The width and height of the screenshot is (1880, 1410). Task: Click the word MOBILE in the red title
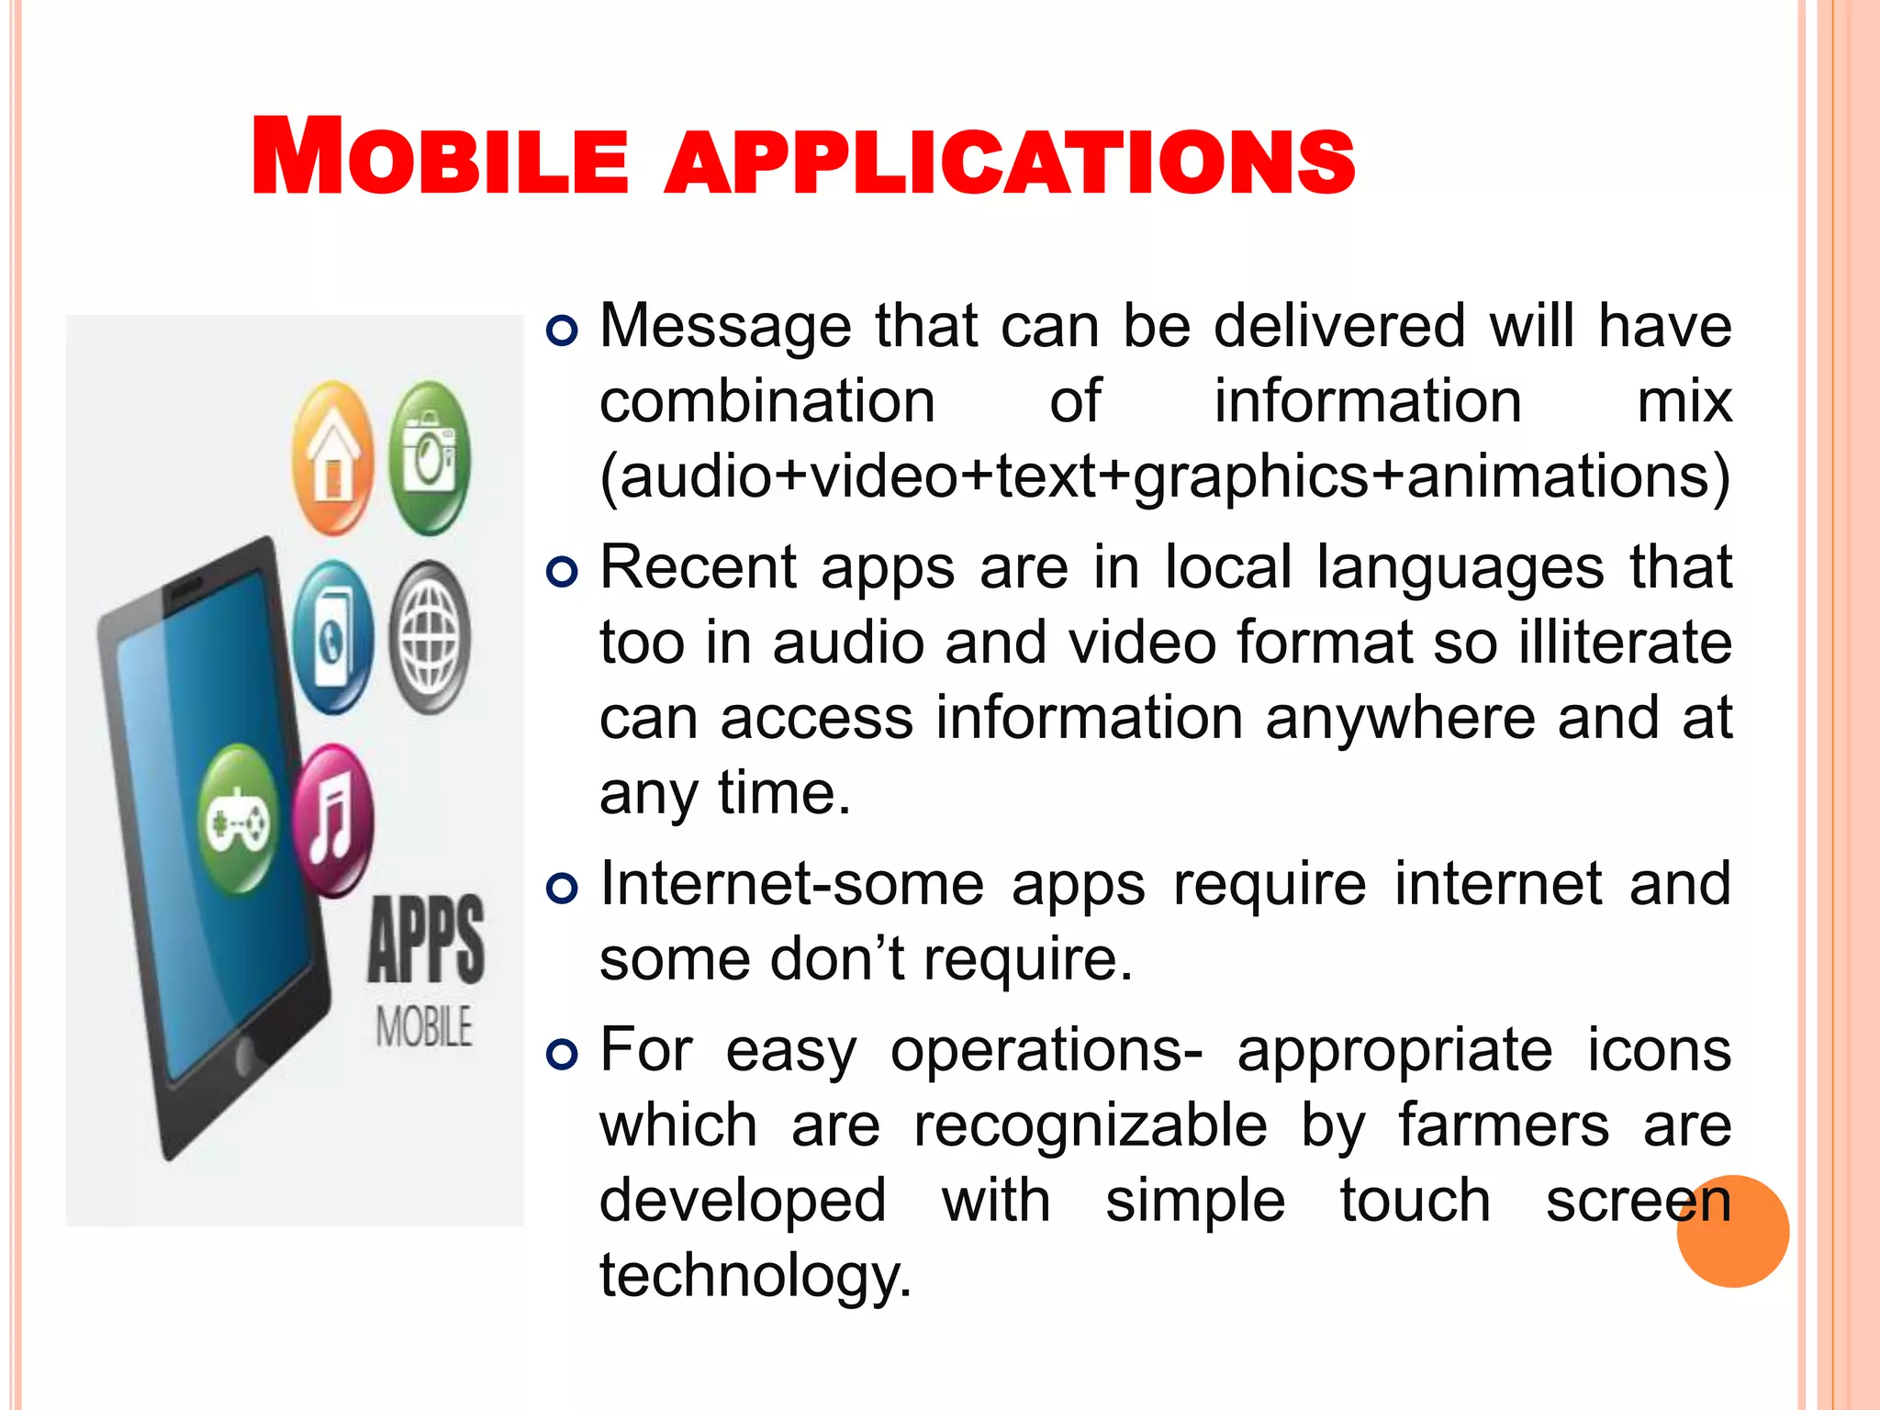coord(441,158)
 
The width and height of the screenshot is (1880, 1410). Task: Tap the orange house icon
coord(333,458)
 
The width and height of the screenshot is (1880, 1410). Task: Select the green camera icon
coord(429,458)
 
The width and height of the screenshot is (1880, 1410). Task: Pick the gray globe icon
coord(429,637)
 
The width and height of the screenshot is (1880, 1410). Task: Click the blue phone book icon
coord(333,637)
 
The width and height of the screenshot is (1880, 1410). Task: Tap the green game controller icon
coord(239,820)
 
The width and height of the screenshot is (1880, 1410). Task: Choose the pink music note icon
coord(333,820)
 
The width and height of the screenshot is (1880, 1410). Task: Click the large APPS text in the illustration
coord(426,940)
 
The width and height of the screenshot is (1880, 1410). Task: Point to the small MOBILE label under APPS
coord(424,1026)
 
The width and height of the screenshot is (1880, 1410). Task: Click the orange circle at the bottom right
coord(1732,1231)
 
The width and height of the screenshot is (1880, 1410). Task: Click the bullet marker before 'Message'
coord(562,330)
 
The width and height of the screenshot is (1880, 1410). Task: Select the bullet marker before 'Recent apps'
coord(562,572)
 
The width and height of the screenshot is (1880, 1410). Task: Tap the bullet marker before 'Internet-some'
coord(562,889)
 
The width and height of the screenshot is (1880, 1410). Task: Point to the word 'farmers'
coord(1504,1125)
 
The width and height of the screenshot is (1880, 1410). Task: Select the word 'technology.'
coord(755,1276)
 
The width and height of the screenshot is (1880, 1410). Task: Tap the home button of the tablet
coord(246,1056)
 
